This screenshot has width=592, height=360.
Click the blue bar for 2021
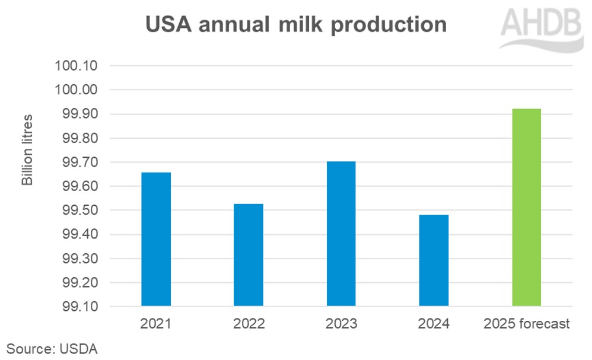tap(156, 239)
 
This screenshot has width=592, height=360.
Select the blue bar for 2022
tap(249, 255)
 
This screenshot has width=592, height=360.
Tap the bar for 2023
tap(341, 234)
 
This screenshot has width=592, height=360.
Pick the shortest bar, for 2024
tap(434, 260)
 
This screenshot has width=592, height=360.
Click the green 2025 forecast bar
tap(526, 208)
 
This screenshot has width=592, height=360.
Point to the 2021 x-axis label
tap(156, 324)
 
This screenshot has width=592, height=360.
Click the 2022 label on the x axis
tap(249, 324)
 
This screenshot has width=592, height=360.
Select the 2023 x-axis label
tap(341, 324)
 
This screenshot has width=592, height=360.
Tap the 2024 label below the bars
tap(434, 324)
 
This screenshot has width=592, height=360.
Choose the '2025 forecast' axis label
tap(526, 324)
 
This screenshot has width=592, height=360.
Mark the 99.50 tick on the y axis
tap(78, 211)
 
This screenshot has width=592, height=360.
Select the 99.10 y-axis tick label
tap(78, 307)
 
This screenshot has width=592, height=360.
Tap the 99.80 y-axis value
tap(78, 138)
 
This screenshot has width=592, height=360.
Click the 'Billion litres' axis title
tap(27, 149)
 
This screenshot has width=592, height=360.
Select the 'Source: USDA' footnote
tap(52, 348)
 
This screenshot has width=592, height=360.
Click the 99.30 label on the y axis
tap(78, 259)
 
